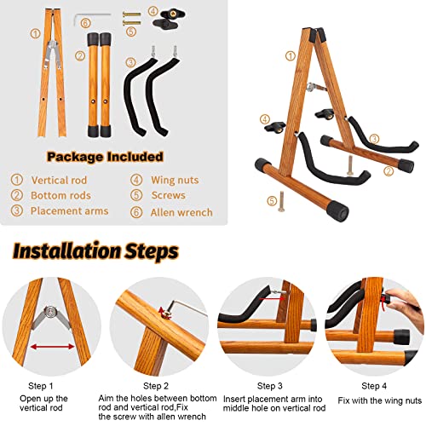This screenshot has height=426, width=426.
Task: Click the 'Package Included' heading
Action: pos(106,157)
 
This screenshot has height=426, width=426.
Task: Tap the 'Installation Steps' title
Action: pos(95,251)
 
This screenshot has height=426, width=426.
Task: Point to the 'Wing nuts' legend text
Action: pos(176,180)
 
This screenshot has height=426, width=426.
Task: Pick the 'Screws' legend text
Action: pos(170,196)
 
